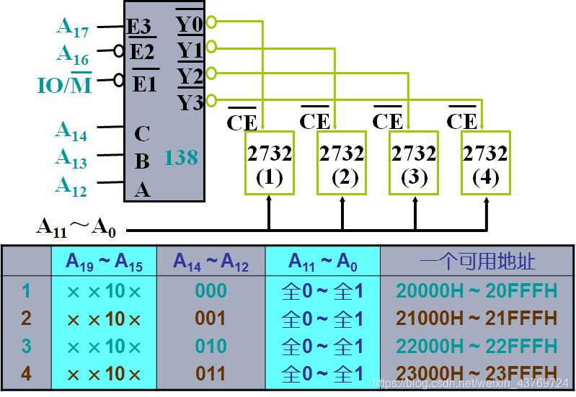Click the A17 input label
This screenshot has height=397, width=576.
[73, 28]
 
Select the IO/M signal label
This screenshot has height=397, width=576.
[65, 84]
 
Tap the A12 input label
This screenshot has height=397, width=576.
[71, 186]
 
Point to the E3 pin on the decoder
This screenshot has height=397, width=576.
[139, 27]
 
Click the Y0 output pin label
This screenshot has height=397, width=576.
[190, 24]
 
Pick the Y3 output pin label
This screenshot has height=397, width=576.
[190, 102]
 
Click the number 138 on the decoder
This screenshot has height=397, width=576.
[180, 157]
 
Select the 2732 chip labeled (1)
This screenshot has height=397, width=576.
[270, 163]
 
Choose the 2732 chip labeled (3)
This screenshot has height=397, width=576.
[414, 163]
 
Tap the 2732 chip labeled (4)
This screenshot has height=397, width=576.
[485, 163]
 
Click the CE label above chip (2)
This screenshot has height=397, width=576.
[315, 120]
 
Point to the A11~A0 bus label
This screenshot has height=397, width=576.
[76, 228]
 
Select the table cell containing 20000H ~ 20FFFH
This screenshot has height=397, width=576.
[477, 291]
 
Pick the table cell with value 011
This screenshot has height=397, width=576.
[211, 374]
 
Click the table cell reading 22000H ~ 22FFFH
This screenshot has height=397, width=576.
[477, 347]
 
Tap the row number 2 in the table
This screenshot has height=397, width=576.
[27, 318]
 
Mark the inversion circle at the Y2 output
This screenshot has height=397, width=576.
[211, 73]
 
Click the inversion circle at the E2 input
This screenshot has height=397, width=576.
[120, 51]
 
